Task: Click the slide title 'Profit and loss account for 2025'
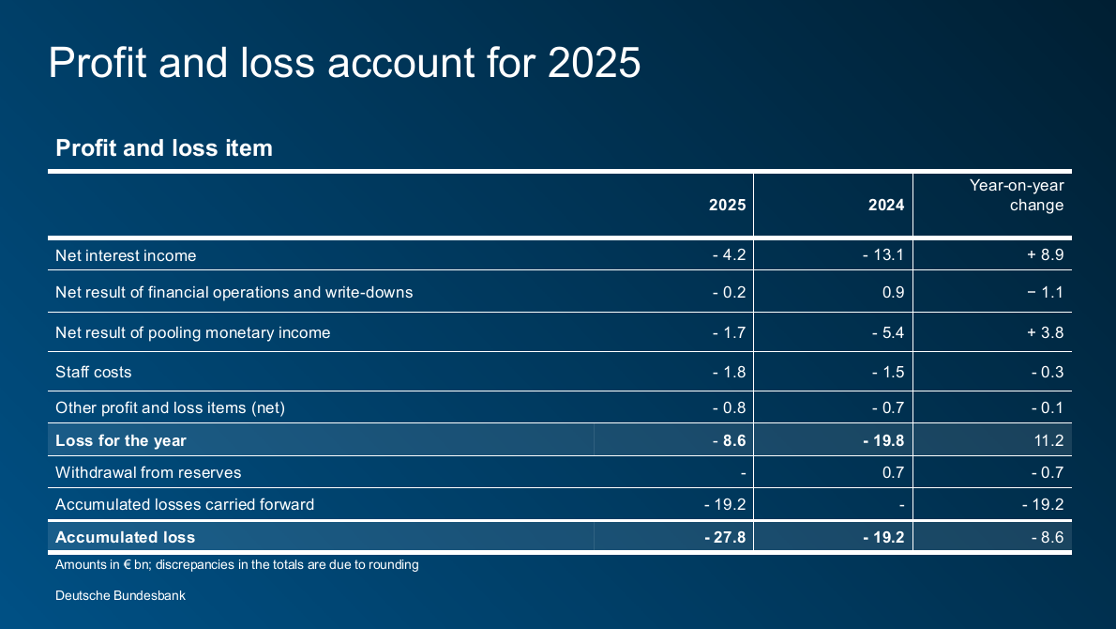tap(344, 63)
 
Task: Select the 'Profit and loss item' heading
tap(164, 147)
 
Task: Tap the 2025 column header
tap(727, 205)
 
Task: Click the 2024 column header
tap(886, 205)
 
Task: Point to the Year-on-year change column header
tap(1017, 195)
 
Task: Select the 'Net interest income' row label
tap(126, 255)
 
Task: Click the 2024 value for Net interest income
tap(883, 255)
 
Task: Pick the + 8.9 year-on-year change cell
tap(1045, 255)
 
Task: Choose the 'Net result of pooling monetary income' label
tap(192, 332)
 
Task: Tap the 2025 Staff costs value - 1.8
tap(729, 372)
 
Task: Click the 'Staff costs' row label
tap(94, 372)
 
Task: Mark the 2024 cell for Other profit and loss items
tap(887, 407)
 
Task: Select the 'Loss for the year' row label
tap(121, 440)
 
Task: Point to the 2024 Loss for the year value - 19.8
tap(883, 440)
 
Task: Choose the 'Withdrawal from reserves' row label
tap(148, 472)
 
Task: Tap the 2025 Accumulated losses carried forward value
tap(724, 504)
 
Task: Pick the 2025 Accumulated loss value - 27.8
tap(724, 537)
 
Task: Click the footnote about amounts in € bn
tap(236, 565)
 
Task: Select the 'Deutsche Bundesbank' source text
tap(120, 595)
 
